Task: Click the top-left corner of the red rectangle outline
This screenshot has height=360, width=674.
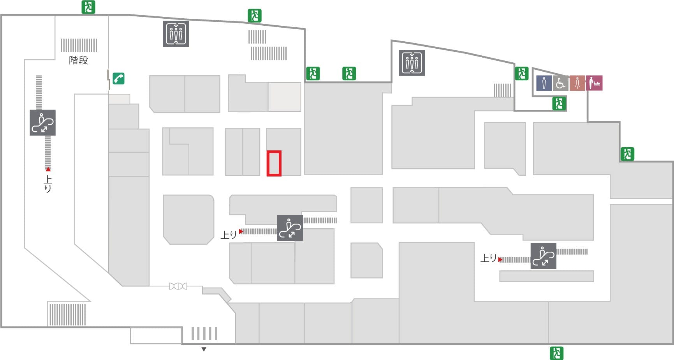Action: pyautogui.click(x=267, y=151)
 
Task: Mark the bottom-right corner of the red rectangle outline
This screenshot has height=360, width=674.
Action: pyautogui.click(x=281, y=175)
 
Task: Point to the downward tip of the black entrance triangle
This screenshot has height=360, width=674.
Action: pyautogui.click(x=204, y=351)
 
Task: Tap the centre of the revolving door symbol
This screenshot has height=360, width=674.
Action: pyautogui.click(x=178, y=286)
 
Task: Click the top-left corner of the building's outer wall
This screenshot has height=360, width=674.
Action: pyautogui.click(x=1, y=15)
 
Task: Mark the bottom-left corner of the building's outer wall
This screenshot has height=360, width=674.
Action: pyautogui.click(x=1, y=327)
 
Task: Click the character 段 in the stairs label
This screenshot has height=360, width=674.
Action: pyautogui.click(x=83, y=60)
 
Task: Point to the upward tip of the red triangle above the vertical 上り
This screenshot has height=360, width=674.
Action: pyautogui.click(x=48, y=167)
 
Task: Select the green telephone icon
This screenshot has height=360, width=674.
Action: pyautogui.click(x=119, y=78)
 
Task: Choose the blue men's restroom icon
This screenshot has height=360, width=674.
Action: pyautogui.click(x=544, y=83)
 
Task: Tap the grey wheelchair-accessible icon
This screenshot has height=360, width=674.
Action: pyautogui.click(x=560, y=83)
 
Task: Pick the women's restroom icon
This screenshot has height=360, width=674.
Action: pyautogui.click(x=577, y=83)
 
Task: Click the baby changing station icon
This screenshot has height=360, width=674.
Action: pyautogui.click(x=594, y=83)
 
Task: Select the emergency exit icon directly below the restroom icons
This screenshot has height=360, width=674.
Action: pyautogui.click(x=559, y=104)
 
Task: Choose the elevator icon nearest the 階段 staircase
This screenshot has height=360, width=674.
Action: pyautogui.click(x=176, y=34)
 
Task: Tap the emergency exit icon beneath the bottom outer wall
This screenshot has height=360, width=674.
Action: pyautogui.click(x=556, y=353)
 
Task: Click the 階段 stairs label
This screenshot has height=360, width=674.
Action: pyautogui.click(x=79, y=60)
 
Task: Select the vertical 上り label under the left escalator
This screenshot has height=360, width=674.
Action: pyautogui.click(x=48, y=184)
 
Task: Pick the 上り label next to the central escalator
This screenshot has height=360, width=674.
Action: pyautogui.click(x=229, y=235)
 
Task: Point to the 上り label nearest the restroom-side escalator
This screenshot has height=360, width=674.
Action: pyautogui.click(x=489, y=258)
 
